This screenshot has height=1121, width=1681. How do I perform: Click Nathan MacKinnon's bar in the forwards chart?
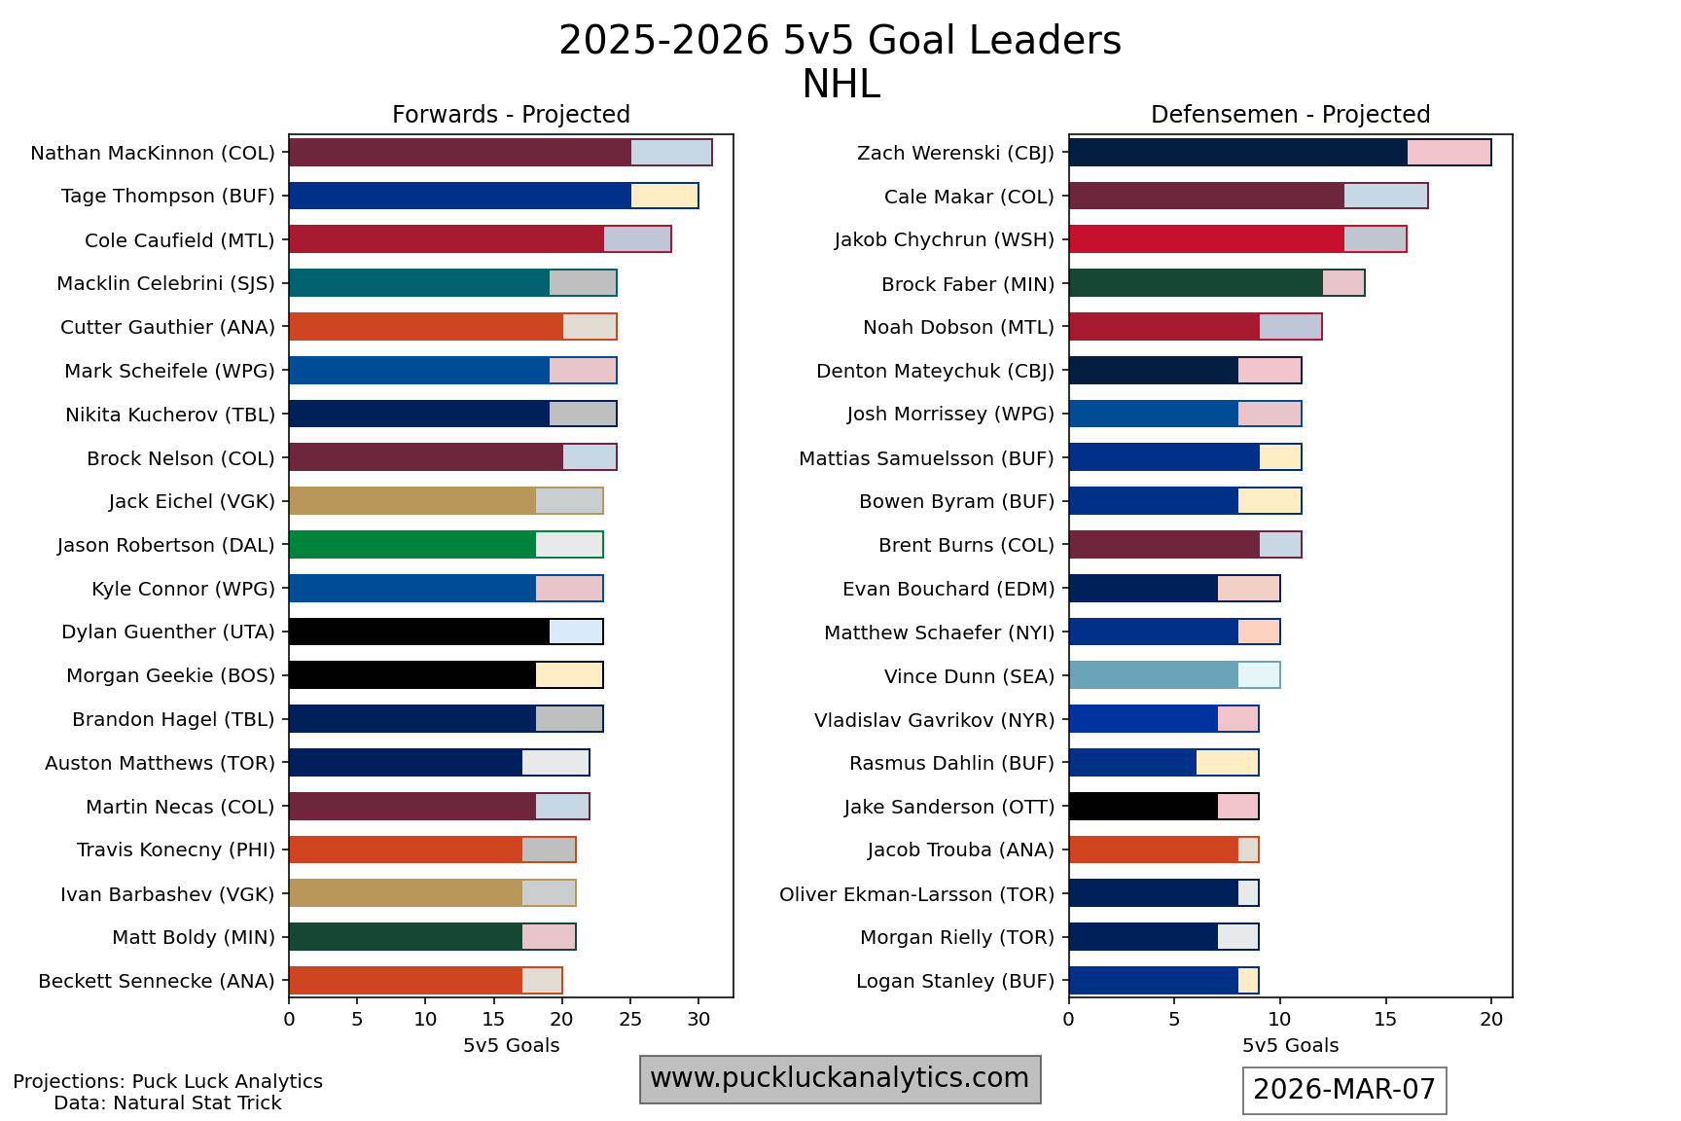(x=500, y=153)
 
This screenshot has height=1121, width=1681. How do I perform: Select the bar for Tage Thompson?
(x=493, y=196)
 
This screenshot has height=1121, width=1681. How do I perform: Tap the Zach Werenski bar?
(x=1279, y=153)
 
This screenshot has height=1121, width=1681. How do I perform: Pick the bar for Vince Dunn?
(x=1174, y=675)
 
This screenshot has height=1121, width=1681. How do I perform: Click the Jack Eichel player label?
(x=192, y=502)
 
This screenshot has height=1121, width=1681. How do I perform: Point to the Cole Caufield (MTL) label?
(x=180, y=240)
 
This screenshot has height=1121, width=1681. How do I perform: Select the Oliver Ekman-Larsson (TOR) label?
(x=916, y=894)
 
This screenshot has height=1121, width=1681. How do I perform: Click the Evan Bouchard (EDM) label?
(x=948, y=589)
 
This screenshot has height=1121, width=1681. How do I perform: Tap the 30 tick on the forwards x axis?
(x=698, y=1020)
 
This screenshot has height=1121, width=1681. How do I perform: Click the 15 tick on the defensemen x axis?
(x=1385, y=1020)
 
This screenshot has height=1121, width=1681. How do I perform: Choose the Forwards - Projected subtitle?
(x=511, y=115)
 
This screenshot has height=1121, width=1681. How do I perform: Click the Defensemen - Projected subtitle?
(x=1290, y=115)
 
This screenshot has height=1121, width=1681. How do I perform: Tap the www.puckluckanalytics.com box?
(x=840, y=1078)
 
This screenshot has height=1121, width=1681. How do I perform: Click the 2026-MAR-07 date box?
(x=1344, y=1090)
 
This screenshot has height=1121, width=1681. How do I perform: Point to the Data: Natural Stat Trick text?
(x=167, y=1103)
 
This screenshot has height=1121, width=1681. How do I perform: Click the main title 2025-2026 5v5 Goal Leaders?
(x=840, y=42)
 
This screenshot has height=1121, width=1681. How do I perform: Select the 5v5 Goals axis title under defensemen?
(x=1290, y=1046)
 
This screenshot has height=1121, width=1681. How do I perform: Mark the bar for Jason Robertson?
(x=446, y=545)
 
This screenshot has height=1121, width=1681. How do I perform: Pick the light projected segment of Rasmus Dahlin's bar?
(x=1227, y=763)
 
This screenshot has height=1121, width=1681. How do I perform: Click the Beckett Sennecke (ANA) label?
(x=157, y=981)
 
